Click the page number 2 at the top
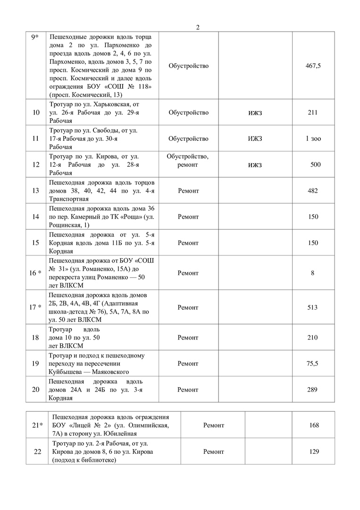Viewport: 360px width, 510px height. pos(198,27)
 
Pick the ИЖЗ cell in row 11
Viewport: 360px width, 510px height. pos(255,139)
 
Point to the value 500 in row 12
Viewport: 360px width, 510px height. pos(315,164)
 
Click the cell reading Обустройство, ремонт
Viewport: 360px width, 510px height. pos(188,161)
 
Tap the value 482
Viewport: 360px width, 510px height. pos(312,191)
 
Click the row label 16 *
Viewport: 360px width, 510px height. pos(36,273)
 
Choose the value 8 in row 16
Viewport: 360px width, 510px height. pos(313,273)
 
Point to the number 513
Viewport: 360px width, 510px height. pos(312,307)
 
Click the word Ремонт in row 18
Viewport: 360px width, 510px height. pos(188,338)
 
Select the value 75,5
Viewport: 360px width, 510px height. pos(312,364)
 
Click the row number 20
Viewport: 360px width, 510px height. pos(36,390)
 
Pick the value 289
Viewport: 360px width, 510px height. pos(312,390)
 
